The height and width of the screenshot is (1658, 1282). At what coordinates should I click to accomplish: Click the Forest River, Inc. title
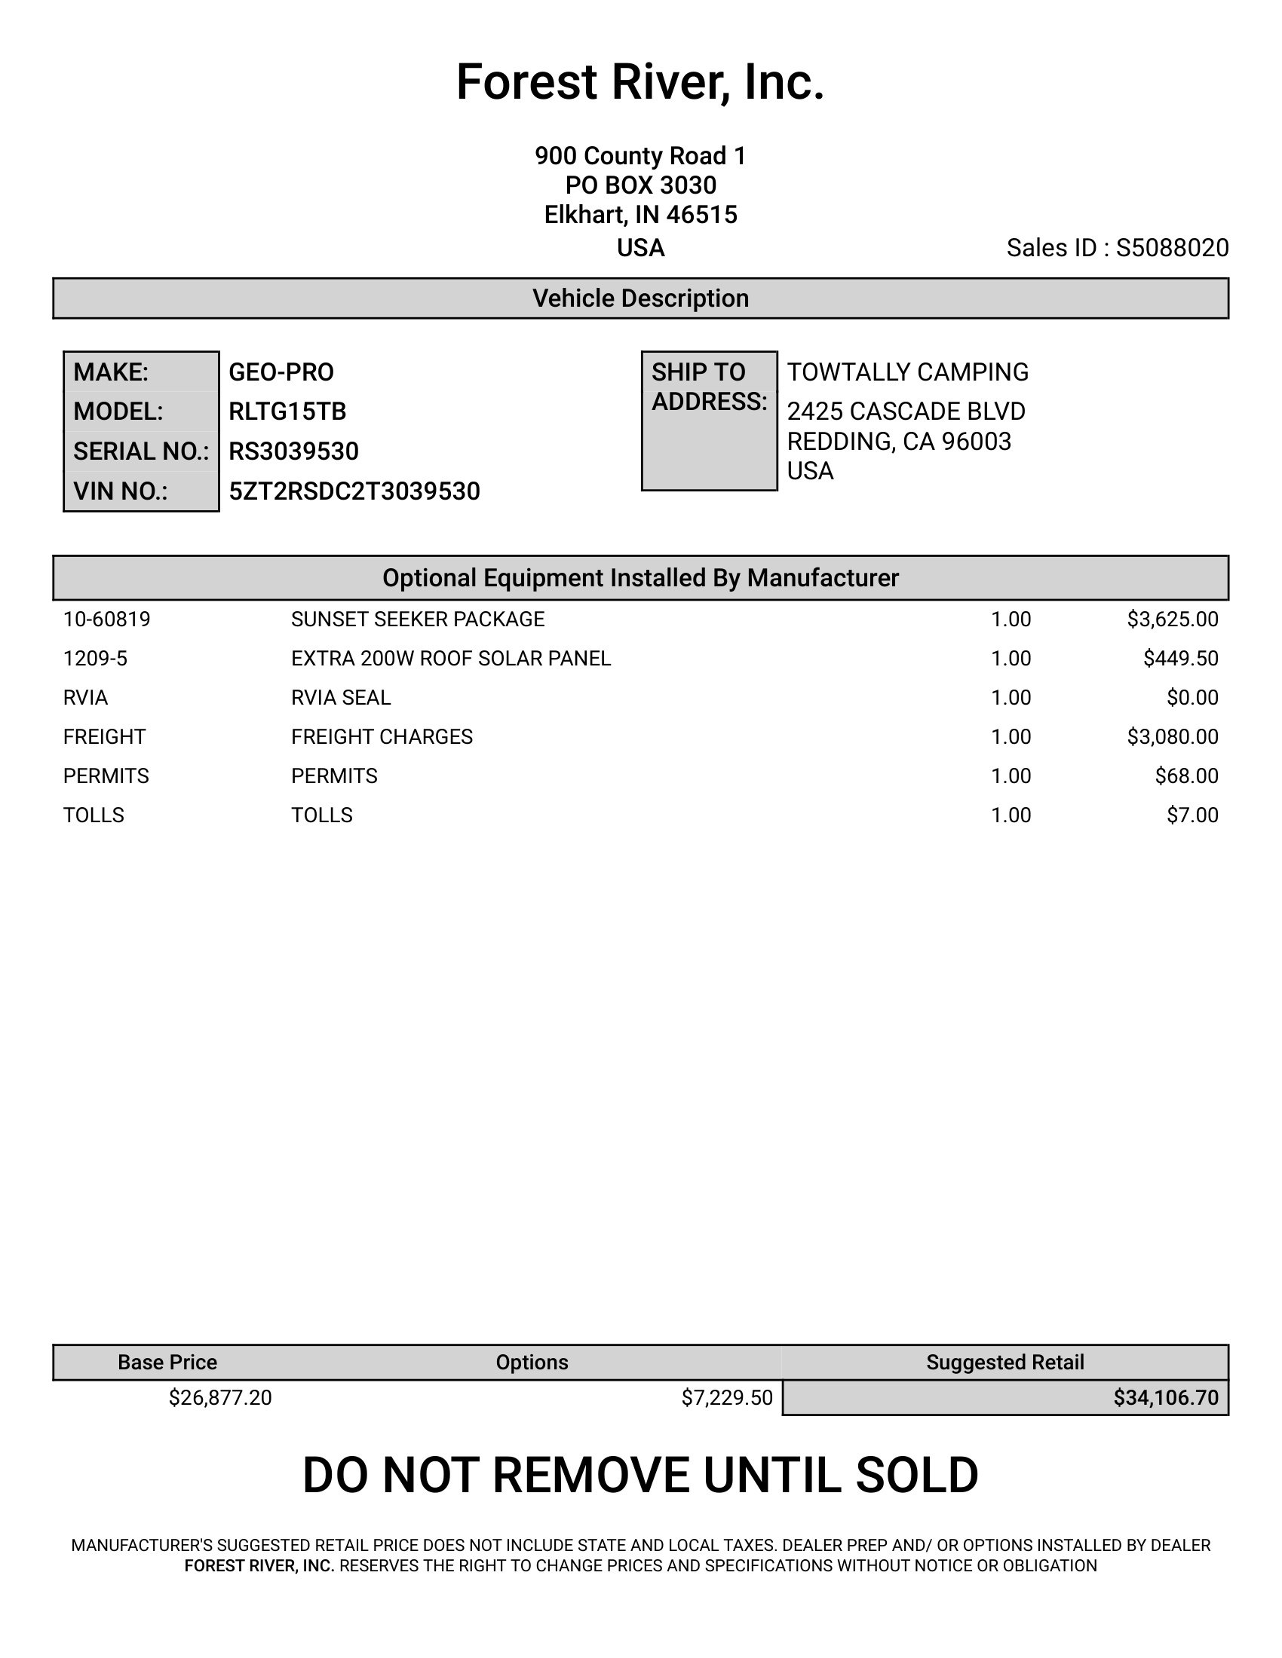tap(640, 82)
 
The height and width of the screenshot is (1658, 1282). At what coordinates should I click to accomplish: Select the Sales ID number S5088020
tap(1172, 248)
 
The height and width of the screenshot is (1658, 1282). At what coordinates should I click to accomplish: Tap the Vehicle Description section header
tap(640, 298)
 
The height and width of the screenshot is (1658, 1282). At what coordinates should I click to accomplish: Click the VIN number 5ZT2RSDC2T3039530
tap(354, 492)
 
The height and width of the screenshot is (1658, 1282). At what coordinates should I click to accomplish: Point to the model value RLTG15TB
tap(287, 411)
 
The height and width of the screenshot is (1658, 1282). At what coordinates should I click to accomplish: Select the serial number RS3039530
tap(294, 451)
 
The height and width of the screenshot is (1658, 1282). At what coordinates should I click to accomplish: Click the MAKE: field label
tap(111, 372)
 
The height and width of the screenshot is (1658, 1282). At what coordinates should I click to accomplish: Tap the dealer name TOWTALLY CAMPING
tap(907, 372)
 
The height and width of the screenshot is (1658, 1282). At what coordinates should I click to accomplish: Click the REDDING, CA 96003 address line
tap(899, 441)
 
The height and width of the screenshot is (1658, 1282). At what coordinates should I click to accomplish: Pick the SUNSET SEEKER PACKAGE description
tap(418, 619)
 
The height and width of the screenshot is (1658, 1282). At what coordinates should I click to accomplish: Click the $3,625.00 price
tap(1173, 619)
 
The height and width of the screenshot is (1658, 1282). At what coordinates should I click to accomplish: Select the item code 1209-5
tap(95, 659)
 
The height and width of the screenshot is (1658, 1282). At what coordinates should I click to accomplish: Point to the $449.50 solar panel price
tap(1181, 659)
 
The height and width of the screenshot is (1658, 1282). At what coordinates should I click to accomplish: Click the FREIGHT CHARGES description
tap(382, 737)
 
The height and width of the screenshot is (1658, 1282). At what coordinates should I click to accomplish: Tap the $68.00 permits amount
tap(1186, 775)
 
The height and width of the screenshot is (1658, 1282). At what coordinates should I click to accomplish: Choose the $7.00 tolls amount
tap(1192, 815)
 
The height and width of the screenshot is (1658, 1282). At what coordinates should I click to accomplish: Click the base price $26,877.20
tap(220, 1397)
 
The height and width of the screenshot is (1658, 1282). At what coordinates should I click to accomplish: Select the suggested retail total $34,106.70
tap(1166, 1397)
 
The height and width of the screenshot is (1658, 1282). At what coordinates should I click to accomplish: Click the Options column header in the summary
tap(532, 1363)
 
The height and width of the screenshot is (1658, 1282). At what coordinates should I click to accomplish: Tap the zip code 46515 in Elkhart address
tap(702, 216)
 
